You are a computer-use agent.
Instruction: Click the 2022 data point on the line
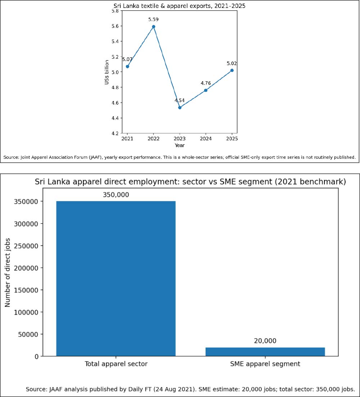pos(153,27)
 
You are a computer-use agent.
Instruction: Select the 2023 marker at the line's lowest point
pos(180,108)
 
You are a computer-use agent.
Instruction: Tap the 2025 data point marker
pos(232,70)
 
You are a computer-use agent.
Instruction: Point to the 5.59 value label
pos(153,19)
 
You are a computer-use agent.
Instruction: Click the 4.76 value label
pos(206,83)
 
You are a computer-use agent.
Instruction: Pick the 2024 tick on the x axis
pos(206,138)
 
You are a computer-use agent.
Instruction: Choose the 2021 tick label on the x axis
pos(127,138)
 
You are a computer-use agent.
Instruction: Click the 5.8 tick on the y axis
pos(115,11)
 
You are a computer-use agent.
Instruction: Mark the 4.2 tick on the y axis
pos(115,133)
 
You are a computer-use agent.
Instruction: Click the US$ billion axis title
pos(107,72)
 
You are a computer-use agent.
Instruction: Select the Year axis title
pos(180,145)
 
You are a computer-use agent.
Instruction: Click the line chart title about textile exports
pos(180,6)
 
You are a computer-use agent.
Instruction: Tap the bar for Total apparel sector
pos(116,279)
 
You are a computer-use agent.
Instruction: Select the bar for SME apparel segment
pos(265,352)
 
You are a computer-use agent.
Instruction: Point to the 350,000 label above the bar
pos(116,195)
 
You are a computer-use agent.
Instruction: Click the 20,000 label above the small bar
pos(265,341)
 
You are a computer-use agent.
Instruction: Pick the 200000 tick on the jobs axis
pos(26,268)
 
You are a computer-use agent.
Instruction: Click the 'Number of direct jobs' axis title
pos(8,273)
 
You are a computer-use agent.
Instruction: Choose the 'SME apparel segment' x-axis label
pos(265,364)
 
